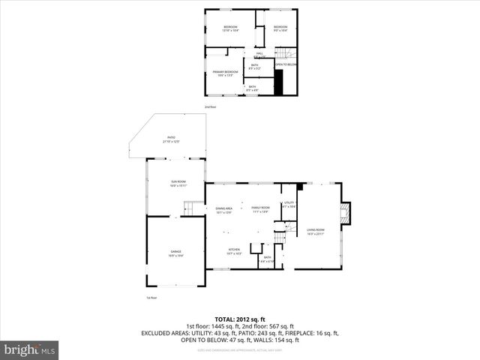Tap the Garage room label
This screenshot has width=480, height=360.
(x=175, y=253)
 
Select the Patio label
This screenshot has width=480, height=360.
(x=171, y=139)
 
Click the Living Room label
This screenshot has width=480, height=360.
(x=316, y=232)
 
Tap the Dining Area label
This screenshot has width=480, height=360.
(x=223, y=211)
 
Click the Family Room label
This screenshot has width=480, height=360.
(x=260, y=209)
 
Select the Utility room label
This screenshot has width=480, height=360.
(x=289, y=204)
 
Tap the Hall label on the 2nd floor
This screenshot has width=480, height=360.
(x=259, y=55)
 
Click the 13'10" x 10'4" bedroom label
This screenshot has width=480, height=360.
(x=230, y=29)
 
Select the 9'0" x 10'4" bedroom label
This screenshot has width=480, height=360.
(x=281, y=29)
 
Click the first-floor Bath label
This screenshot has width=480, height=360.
(x=268, y=259)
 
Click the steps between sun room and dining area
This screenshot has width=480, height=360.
(x=193, y=207)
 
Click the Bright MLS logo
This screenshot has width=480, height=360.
(x=30, y=349)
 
